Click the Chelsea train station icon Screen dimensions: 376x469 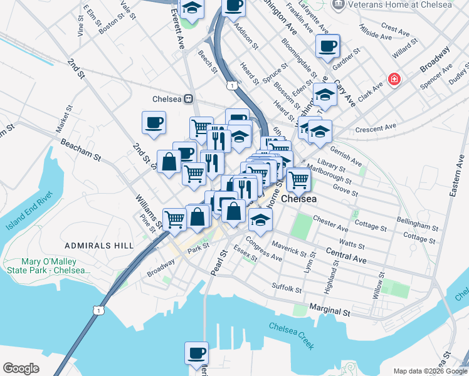coord(187,99)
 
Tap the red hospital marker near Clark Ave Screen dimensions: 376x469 coord(394,80)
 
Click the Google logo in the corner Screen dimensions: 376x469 coord(21,368)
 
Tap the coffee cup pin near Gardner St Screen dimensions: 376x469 coord(327,46)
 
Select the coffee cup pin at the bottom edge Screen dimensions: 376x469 coord(197,352)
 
